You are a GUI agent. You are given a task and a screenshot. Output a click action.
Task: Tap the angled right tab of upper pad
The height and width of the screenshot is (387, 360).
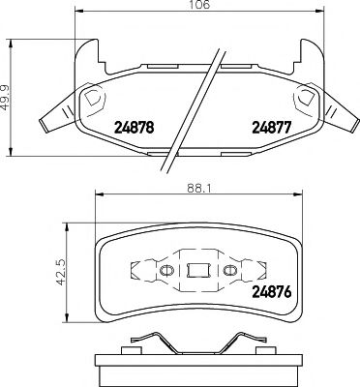tap(338, 115)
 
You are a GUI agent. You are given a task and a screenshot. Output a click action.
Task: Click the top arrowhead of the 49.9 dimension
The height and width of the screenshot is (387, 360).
tap(12, 45)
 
